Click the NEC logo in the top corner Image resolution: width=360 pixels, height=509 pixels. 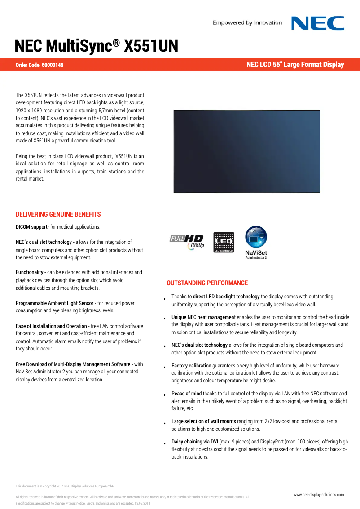[x=318, y=23]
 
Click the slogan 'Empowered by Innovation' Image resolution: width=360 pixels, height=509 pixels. [x=247, y=23]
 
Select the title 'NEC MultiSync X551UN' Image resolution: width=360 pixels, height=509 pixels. [x=97, y=46]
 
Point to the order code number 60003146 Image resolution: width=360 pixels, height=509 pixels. [x=53, y=66]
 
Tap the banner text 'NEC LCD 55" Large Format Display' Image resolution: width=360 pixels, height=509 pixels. [x=295, y=65]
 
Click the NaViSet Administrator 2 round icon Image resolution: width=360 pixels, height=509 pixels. [x=256, y=237]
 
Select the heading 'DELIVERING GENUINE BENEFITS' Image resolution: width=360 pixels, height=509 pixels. [x=58, y=214]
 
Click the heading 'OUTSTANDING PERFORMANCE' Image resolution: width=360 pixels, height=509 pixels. [x=207, y=283]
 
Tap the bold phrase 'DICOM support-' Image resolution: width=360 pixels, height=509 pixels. [x=32, y=227]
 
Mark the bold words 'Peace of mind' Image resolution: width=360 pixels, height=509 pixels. [x=186, y=394]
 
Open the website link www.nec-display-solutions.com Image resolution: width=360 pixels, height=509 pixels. [x=319, y=495]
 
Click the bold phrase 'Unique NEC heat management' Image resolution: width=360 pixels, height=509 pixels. [x=203, y=317]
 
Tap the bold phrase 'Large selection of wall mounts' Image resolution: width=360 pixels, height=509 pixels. [x=203, y=421]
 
